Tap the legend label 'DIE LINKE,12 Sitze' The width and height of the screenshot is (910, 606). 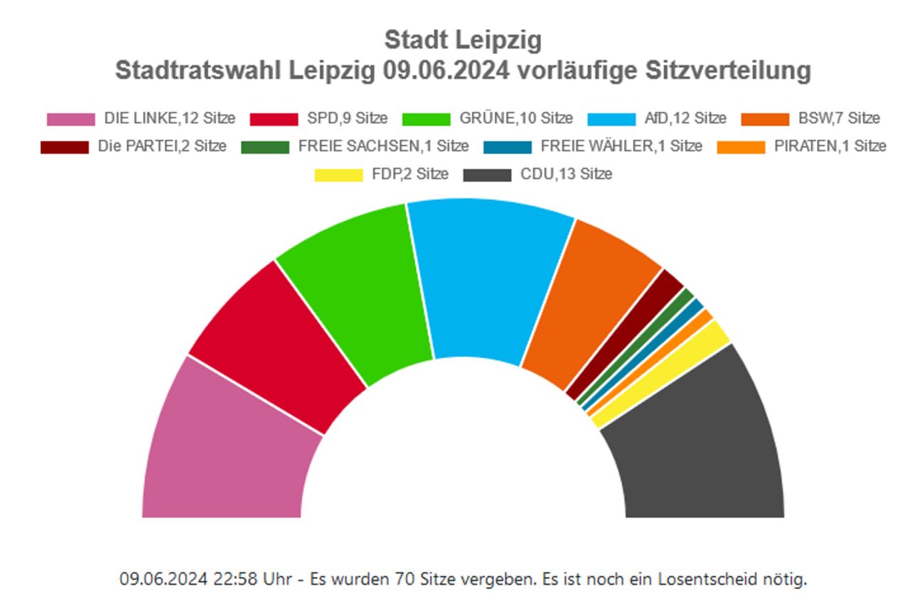(x=169, y=119)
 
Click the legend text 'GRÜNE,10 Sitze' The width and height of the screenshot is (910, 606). (x=515, y=119)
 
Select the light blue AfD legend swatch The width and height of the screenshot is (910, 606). (x=612, y=119)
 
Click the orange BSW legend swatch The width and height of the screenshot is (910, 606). (x=765, y=119)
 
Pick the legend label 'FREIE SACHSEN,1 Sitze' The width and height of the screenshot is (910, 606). (x=383, y=146)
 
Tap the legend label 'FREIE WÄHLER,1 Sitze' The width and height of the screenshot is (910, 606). (x=621, y=146)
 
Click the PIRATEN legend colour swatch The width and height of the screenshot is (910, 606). (x=741, y=146)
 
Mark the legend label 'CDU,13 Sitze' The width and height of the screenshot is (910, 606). (x=566, y=174)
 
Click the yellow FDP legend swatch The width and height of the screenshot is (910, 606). (x=338, y=174)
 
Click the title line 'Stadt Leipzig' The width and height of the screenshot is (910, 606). (x=463, y=40)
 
